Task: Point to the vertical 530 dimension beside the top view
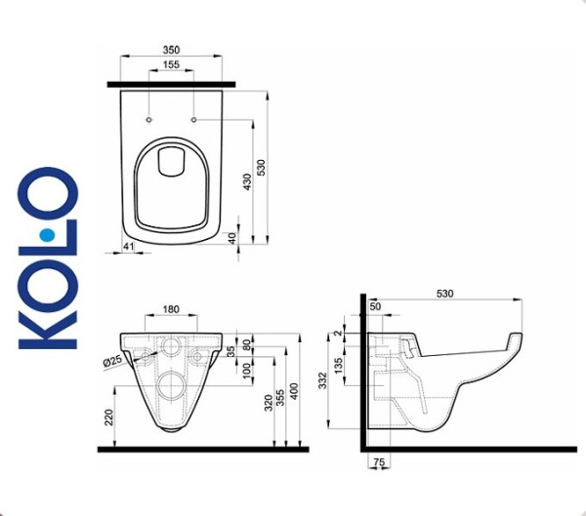(261, 167)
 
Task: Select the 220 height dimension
(109, 417)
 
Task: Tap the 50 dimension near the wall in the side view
(376, 308)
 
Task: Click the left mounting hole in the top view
(148, 120)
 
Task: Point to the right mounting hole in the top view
(195, 120)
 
